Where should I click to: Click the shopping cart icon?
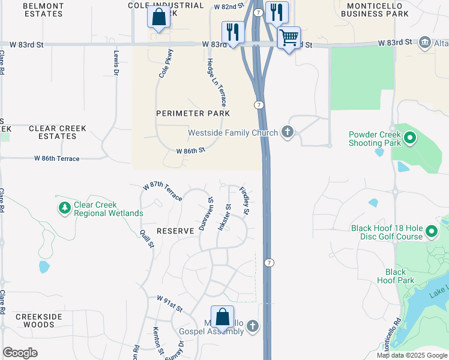coord(289,38)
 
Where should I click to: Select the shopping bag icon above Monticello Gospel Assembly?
coord(222,316)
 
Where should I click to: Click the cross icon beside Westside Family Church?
coord(288,132)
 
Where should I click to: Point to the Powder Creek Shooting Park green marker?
coord(411,139)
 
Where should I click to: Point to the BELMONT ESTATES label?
coord(43,9)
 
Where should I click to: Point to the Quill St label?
coord(147,239)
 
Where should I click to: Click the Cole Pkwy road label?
coord(165,63)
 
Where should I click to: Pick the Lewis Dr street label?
coord(116,62)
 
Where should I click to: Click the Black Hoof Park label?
coord(396,276)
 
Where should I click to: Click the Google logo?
coord(20,353)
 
